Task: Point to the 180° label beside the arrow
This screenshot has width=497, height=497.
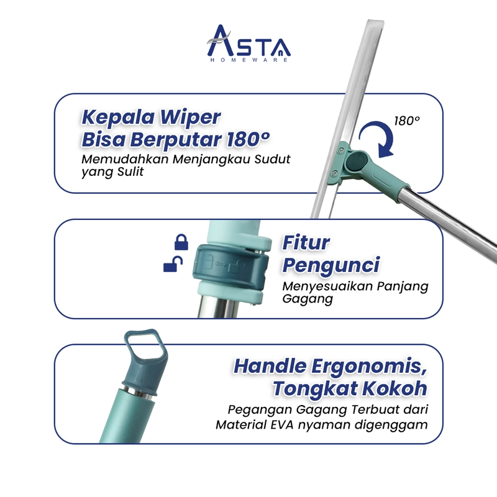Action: [x=406, y=121]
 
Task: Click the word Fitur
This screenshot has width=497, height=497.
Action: [x=306, y=242]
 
